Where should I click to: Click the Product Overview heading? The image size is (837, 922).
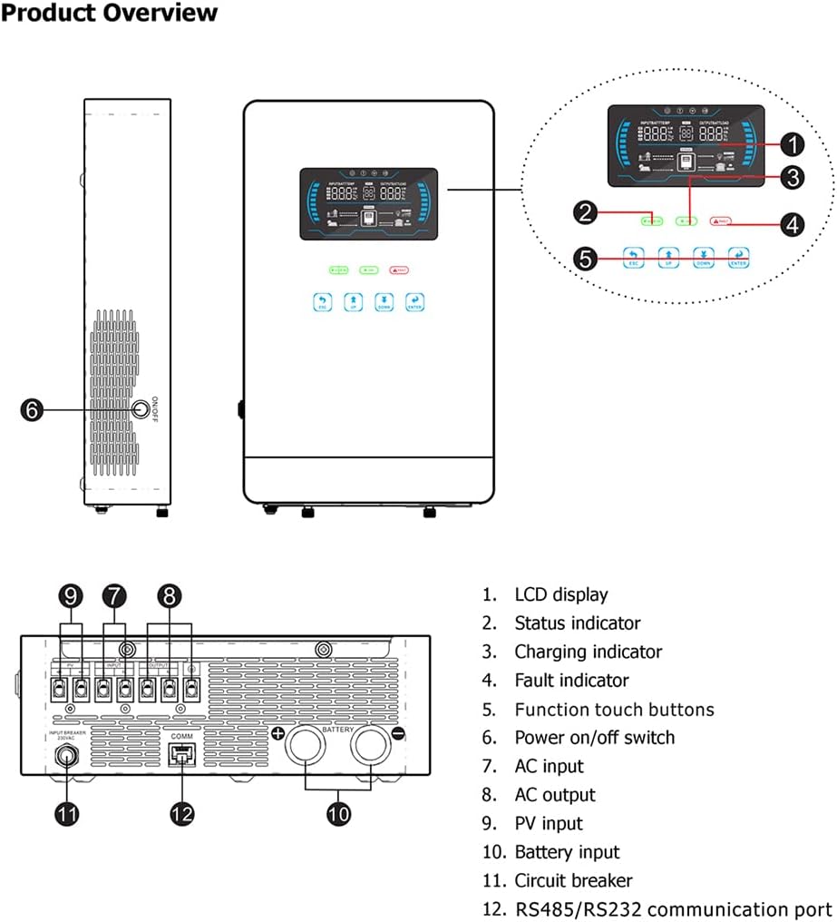coord(110,14)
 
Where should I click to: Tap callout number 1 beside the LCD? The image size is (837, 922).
coord(792,143)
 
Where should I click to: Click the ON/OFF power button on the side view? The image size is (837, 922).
coord(141,410)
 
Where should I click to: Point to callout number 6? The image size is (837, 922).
coord(33,410)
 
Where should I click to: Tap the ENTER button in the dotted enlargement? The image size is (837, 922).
coord(738,257)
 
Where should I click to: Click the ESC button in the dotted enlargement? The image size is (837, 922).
coord(634,257)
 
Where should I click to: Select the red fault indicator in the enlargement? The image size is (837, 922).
coord(721,221)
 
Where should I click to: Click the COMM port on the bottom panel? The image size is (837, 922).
coord(182,753)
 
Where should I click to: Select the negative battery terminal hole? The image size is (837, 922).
coord(370,749)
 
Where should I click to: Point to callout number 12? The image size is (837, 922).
coord(182,813)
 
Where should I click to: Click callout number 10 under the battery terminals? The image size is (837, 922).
coord(338,813)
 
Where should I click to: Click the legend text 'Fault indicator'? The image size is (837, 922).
coord(571,681)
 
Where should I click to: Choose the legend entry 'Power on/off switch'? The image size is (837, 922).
coord(594,738)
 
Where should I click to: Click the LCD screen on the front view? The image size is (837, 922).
coord(368,204)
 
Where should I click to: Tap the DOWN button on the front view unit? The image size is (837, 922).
coord(384,301)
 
